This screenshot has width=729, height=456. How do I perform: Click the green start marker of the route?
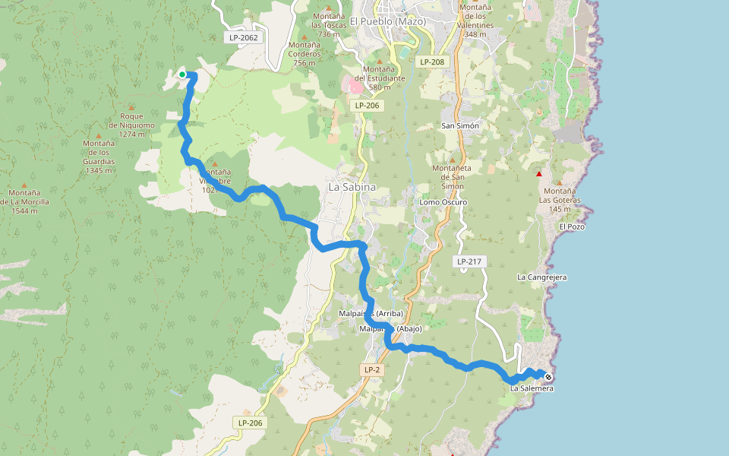tap(182, 74)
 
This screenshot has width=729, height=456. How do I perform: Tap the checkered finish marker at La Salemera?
tap(548, 376)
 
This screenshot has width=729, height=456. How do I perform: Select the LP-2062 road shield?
tap(243, 37)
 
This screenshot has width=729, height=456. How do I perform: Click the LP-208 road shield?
tap(431, 62)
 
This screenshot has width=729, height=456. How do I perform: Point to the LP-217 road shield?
tap(469, 261)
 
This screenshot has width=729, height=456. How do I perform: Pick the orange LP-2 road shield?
tap(371, 369)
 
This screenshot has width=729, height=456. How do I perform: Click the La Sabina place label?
tap(352, 187)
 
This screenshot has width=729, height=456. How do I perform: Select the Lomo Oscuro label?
tap(443, 202)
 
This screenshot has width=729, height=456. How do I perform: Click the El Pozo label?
tap(572, 226)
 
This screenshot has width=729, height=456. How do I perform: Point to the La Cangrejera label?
tap(542, 277)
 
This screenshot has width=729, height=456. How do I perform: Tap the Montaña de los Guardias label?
tap(99, 157)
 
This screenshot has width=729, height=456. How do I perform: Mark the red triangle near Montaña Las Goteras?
tap(539, 174)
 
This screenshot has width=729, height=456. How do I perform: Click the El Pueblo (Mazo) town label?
tap(388, 21)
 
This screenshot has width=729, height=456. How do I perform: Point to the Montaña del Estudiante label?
tap(380, 78)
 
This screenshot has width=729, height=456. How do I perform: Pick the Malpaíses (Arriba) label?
tap(370, 314)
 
